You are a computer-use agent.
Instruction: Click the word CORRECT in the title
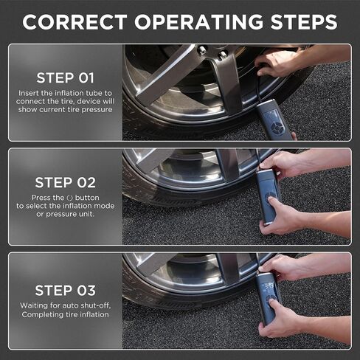(75, 22)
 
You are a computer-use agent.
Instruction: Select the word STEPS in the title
(304, 22)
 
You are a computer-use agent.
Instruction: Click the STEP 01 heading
(65, 78)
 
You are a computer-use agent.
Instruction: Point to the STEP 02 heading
(65, 183)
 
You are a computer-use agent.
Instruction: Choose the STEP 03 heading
(65, 291)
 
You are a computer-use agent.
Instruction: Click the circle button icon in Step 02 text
(69, 198)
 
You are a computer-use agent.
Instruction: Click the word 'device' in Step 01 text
(89, 101)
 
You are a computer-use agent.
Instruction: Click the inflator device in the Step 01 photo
(274, 120)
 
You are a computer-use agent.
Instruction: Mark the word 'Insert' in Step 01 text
(29, 93)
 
